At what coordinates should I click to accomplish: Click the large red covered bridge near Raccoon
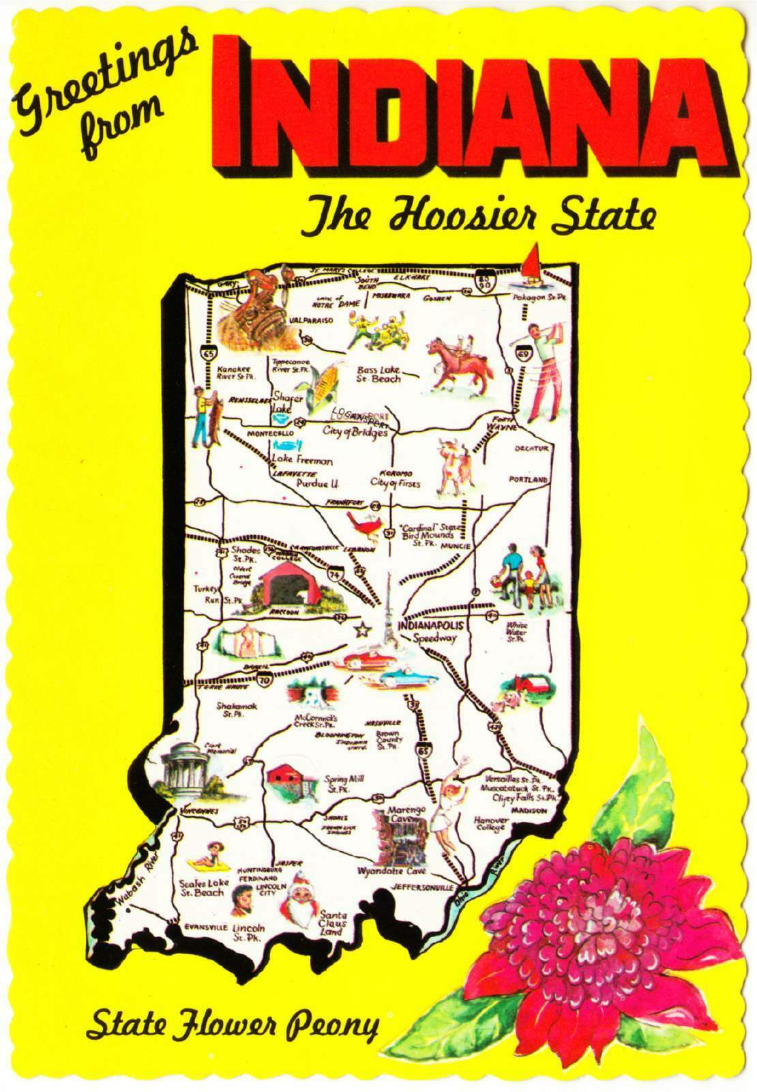tap(283, 587)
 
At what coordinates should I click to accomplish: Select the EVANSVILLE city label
tap(205, 928)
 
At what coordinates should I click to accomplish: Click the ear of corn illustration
tap(324, 386)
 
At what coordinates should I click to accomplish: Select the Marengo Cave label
tap(406, 814)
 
